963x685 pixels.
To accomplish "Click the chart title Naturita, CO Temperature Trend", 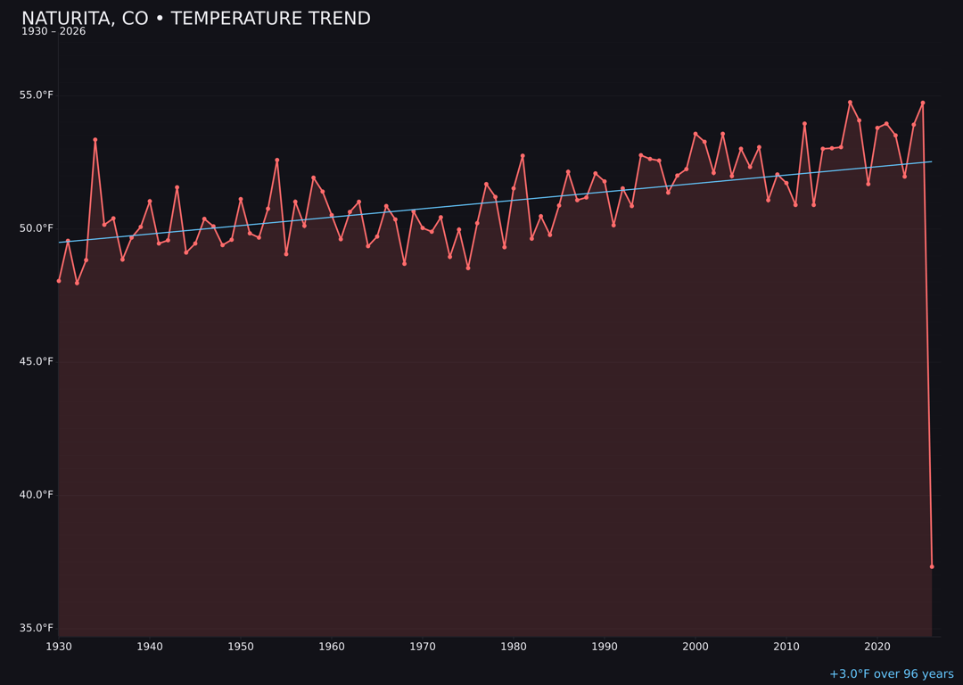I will (195, 19).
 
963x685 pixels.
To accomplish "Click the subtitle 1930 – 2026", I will (53, 32).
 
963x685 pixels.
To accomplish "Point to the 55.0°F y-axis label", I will (37, 95).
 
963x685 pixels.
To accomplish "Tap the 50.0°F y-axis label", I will (37, 228).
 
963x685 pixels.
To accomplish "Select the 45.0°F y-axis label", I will (37, 361).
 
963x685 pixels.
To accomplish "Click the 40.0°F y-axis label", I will (37, 495).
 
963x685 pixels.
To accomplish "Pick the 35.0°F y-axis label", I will (37, 628).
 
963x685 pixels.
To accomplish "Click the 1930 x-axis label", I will (59, 647).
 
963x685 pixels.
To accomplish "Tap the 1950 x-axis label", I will (241, 647).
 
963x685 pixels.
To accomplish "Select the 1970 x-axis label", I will (423, 647).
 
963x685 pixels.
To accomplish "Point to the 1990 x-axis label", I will (605, 647).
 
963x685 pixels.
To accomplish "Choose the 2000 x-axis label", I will (695, 647).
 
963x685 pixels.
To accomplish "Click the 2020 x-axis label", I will (877, 647).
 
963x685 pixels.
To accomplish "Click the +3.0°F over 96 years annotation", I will (891, 674).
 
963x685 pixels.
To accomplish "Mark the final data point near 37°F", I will (932, 566).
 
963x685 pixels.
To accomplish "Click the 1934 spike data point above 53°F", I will (95, 139).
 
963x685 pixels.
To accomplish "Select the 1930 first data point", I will (59, 280).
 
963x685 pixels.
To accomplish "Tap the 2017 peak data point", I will (850, 102).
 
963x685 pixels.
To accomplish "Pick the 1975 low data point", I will (468, 268).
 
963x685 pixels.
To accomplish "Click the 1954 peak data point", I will (277, 160).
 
